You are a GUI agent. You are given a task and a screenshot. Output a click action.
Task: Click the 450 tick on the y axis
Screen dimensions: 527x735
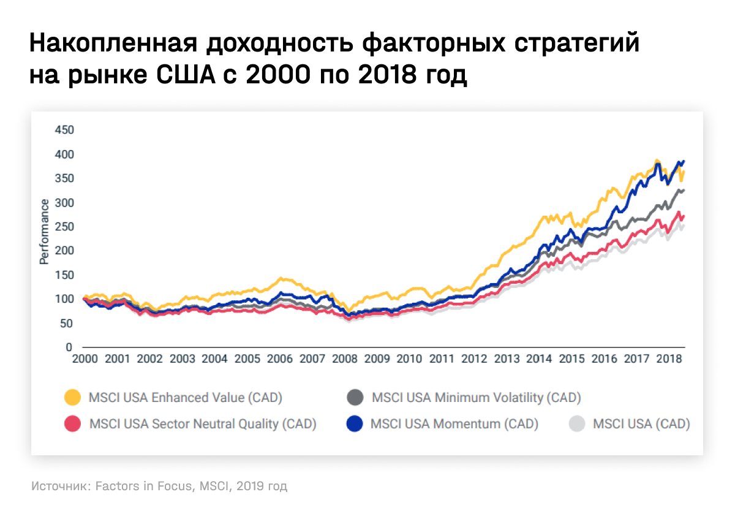(x=64, y=130)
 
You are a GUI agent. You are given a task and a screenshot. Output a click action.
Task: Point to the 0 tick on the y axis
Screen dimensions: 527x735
(x=69, y=347)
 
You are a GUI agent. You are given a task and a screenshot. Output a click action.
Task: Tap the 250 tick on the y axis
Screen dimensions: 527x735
(x=64, y=227)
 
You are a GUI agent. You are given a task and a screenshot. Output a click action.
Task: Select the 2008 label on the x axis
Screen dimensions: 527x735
(x=344, y=359)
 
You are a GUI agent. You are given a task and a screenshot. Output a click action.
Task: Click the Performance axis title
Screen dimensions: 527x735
(x=44, y=231)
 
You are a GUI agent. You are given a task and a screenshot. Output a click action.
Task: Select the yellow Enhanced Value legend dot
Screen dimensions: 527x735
(x=73, y=398)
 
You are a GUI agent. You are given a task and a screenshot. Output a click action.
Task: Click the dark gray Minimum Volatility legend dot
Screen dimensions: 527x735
(x=355, y=398)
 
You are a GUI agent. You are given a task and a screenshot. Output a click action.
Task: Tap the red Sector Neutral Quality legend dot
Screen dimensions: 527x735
(x=73, y=423)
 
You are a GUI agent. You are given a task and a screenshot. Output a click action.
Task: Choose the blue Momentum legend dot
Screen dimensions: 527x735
(x=355, y=423)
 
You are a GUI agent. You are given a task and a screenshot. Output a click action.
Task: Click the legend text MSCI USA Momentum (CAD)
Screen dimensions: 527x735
(x=454, y=423)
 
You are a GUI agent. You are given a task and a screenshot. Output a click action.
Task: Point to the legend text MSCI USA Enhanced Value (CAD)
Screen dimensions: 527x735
(x=186, y=398)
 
